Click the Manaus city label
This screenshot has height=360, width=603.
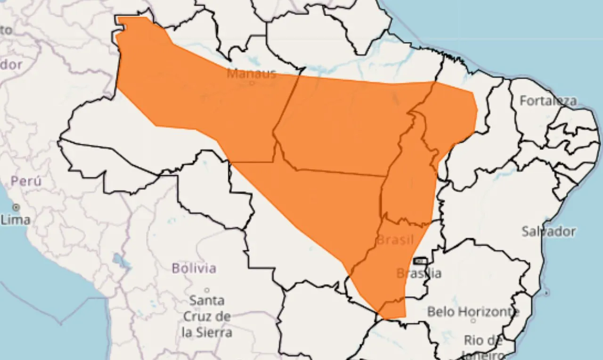pos(251,74)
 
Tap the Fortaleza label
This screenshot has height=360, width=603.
pos(548,101)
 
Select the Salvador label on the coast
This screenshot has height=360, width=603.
pos(548,231)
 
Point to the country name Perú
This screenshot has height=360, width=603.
pos(26,181)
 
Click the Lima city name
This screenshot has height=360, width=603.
pos(16,220)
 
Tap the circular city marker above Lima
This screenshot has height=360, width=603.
pos(16,207)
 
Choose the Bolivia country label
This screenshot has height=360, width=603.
pos(194,269)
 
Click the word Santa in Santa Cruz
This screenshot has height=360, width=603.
pos(206,300)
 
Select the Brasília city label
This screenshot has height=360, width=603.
pos(418,273)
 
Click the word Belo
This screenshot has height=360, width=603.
pos(441,311)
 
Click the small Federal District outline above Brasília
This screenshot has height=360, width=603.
pos(420,261)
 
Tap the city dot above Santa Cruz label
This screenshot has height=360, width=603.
pos(206,290)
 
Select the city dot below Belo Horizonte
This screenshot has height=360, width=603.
pos(473,320)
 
